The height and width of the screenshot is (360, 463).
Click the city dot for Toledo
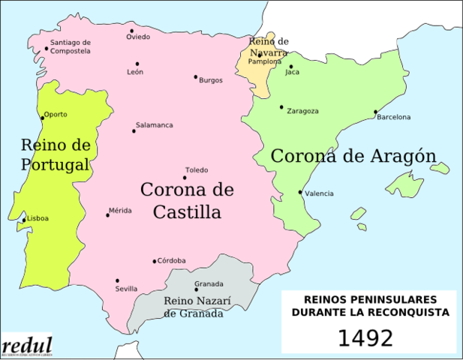[x=185, y=177]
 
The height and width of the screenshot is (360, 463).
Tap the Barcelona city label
[x=394, y=117]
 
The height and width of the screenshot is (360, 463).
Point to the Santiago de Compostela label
[x=71, y=46]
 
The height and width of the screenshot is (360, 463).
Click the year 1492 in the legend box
[x=365, y=338]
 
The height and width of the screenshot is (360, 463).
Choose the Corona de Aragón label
[x=353, y=156]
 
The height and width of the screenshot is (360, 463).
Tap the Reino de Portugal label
[x=56, y=154]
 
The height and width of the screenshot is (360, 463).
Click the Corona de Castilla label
[x=187, y=200]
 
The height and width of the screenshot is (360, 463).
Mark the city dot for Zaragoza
[x=281, y=107]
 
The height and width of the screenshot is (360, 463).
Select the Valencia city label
[x=320, y=193]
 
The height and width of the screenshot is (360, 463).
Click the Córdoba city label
[x=172, y=261]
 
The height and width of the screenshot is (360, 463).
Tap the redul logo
[x=27, y=346]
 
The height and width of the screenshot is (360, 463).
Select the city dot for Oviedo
[x=131, y=31]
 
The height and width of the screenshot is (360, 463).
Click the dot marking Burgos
[x=196, y=76]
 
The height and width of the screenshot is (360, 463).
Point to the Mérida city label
[x=120, y=211]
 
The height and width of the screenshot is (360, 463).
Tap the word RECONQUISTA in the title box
[x=413, y=311]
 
